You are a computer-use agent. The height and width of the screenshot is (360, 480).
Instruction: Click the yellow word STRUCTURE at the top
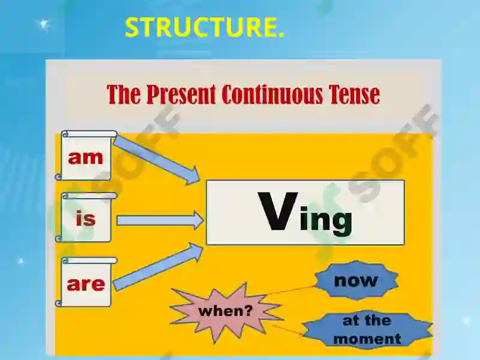click(204, 28)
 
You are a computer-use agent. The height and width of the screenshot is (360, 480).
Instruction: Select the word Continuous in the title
click(273, 95)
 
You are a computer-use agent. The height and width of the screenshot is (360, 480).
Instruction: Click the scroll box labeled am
click(86, 158)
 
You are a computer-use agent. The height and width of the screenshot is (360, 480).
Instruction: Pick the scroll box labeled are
click(86, 284)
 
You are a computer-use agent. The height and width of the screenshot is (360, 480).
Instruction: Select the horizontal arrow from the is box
click(160, 221)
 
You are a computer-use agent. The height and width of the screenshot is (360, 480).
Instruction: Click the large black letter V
click(277, 212)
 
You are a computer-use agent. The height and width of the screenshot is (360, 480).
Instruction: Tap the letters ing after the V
click(326, 219)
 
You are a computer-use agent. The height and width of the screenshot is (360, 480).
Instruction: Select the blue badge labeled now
click(356, 280)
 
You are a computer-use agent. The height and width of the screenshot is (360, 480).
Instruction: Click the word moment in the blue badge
click(367, 338)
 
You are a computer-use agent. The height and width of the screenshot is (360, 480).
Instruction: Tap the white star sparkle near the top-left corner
click(43, 25)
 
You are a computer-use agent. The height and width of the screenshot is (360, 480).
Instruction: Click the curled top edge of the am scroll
click(88, 134)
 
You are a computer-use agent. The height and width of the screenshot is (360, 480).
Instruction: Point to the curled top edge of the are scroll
click(88, 260)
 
